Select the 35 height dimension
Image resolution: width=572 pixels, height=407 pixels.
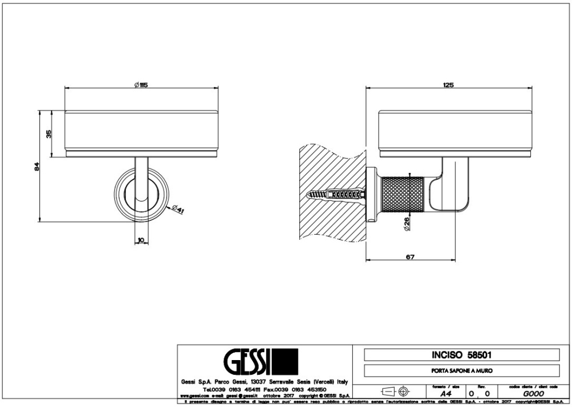coord(49,134)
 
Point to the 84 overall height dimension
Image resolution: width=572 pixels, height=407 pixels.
coord(35,167)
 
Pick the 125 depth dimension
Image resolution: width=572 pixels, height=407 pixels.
coord(448,85)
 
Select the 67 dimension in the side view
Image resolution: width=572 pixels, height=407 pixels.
coord(410,256)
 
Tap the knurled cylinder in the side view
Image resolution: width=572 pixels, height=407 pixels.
coord(403,195)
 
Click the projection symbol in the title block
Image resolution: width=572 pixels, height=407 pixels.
coord(395,391)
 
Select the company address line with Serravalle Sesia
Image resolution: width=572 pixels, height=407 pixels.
coord(263,381)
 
